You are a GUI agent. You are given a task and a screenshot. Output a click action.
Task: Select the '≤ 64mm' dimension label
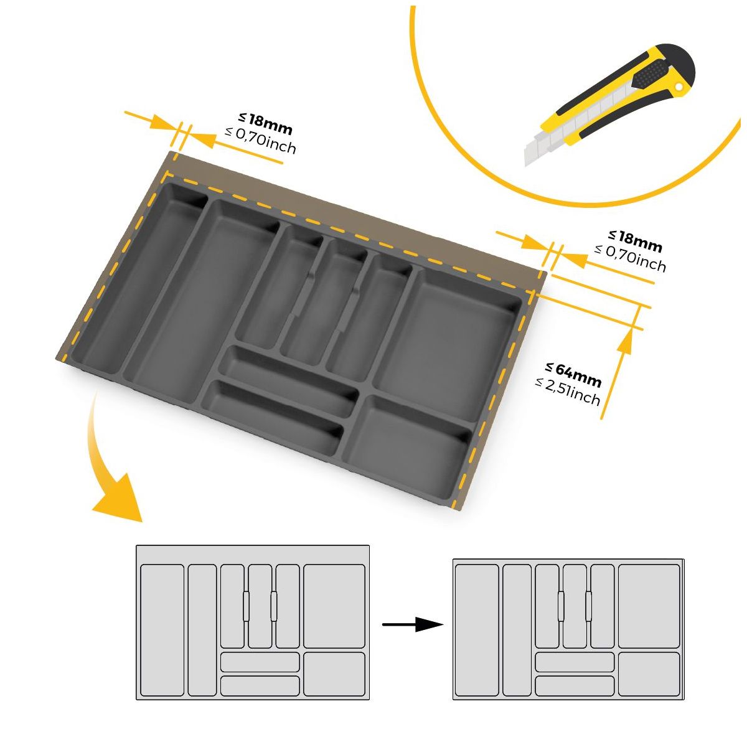573,375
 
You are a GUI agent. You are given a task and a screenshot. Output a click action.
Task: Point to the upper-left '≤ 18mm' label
265,124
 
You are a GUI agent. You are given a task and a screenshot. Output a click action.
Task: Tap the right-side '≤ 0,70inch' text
630,258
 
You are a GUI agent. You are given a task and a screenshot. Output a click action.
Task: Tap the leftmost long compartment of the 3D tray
139,278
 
